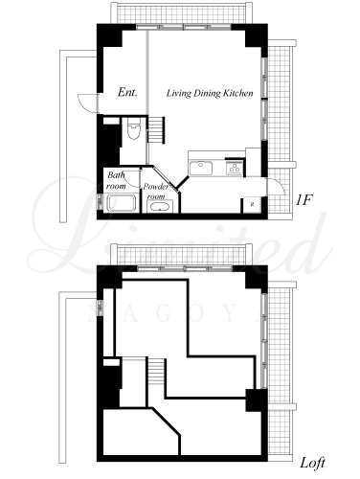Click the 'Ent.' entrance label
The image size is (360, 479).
127,93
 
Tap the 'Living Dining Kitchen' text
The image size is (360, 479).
210,93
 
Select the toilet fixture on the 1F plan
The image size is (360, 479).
133,128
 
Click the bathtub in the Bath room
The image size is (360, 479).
121,203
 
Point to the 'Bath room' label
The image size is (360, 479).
116,180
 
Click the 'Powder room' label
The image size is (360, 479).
155,192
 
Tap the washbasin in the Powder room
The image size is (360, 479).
160,207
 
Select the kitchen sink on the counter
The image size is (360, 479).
201,169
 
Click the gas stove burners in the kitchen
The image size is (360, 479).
235,168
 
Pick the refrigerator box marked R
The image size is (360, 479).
252,204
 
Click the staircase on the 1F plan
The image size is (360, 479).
156,129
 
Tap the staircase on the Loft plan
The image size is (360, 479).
157,371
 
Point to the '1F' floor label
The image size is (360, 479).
304,200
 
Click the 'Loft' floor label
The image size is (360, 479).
313,463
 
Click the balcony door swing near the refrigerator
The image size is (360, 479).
277,186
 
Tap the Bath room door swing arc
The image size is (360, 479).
132,179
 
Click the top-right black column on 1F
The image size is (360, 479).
257,35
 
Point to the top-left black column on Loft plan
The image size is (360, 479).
109,277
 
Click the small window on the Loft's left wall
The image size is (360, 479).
101,307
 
